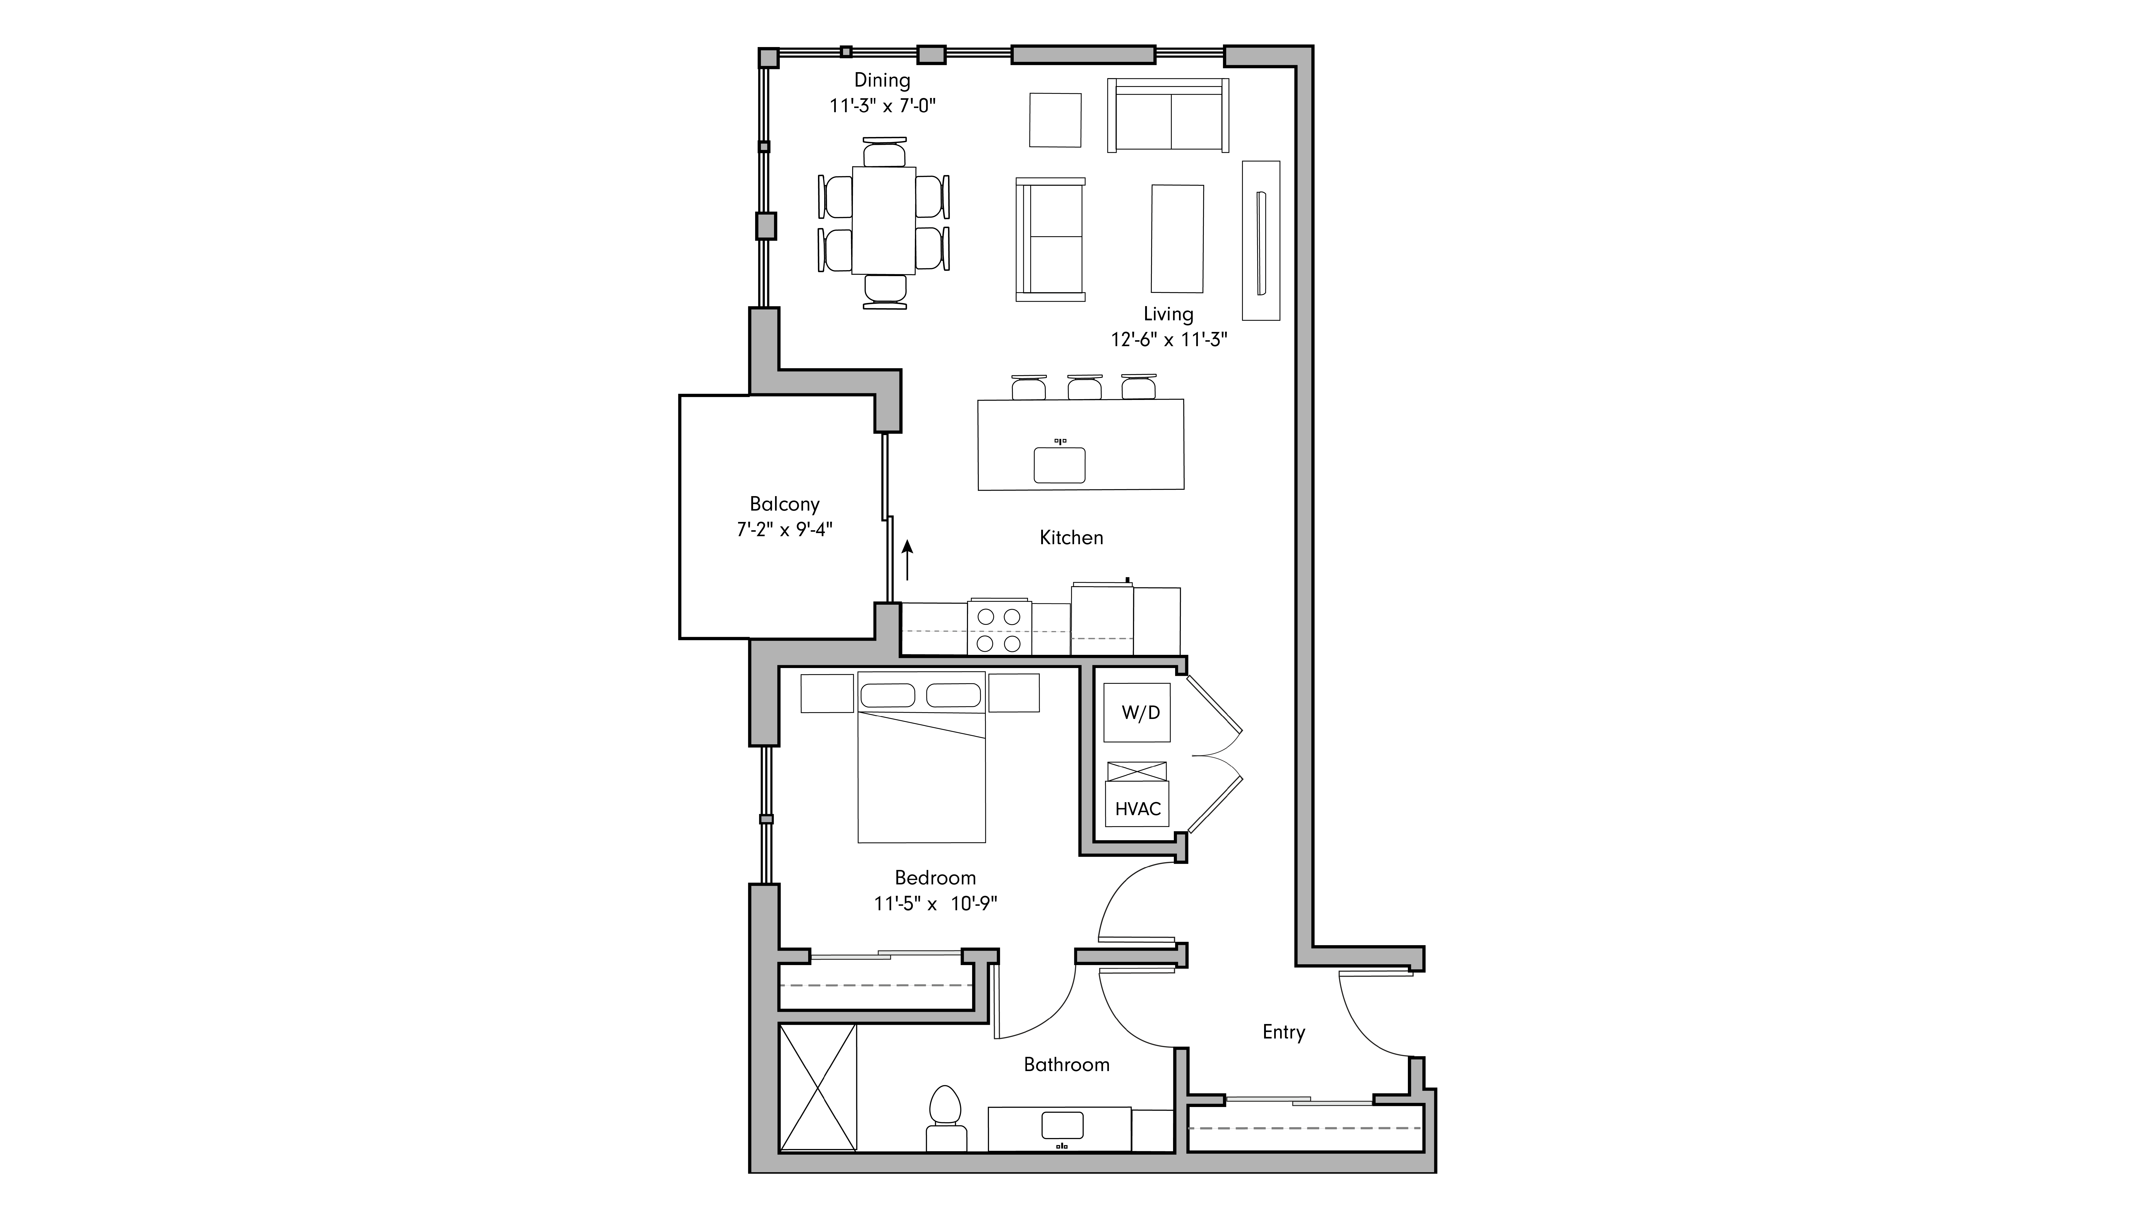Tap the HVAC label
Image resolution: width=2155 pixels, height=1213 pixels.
(x=1138, y=809)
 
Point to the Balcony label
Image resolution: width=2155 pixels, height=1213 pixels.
(x=784, y=504)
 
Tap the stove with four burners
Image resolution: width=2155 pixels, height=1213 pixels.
(x=999, y=629)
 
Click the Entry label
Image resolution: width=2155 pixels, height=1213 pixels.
(x=1283, y=1032)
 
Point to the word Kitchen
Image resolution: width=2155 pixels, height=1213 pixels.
(x=1071, y=538)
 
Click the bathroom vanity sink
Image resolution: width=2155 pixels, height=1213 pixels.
(x=1062, y=1125)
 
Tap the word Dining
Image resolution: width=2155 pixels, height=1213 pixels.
(x=882, y=80)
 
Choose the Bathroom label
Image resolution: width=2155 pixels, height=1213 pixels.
(x=1067, y=1065)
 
